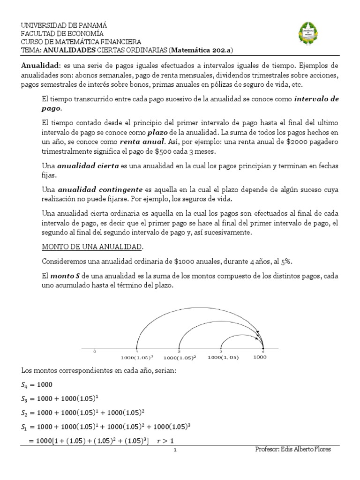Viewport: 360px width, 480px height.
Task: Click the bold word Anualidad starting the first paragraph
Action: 39,66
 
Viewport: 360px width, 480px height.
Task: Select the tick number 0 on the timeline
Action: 95,351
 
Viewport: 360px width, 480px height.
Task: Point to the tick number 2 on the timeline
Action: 179,351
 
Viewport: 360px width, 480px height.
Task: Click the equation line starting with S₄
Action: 37,385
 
